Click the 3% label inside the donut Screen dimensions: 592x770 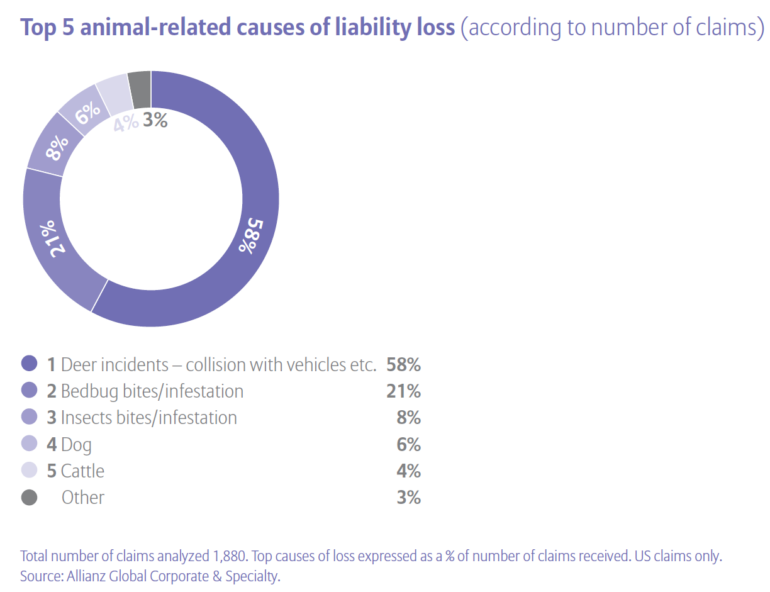pos(155,120)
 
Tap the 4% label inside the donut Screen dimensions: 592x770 pos(126,123)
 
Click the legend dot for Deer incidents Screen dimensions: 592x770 pos(29,364)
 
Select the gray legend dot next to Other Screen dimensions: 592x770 pos(29,497)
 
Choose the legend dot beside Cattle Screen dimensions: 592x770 pos(29,471)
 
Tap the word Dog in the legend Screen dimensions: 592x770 pos(76,445)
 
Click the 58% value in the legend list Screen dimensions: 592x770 pos(403,364)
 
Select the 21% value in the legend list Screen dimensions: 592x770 pos(403,391)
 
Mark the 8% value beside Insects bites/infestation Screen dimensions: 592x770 pos(408,418)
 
